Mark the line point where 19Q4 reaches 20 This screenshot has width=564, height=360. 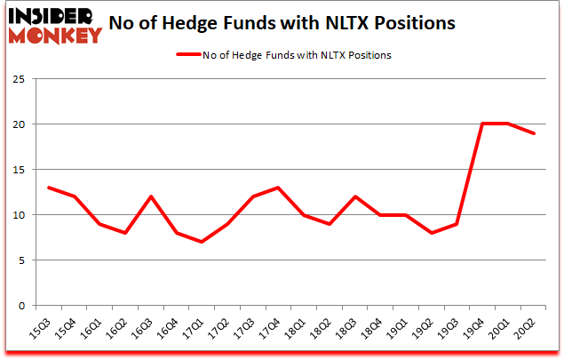click(482, 124)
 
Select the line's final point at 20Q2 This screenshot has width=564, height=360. click(532, 133)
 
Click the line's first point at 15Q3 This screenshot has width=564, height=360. click(49, 188)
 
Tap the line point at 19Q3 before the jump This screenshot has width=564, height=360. click(457, 224)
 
